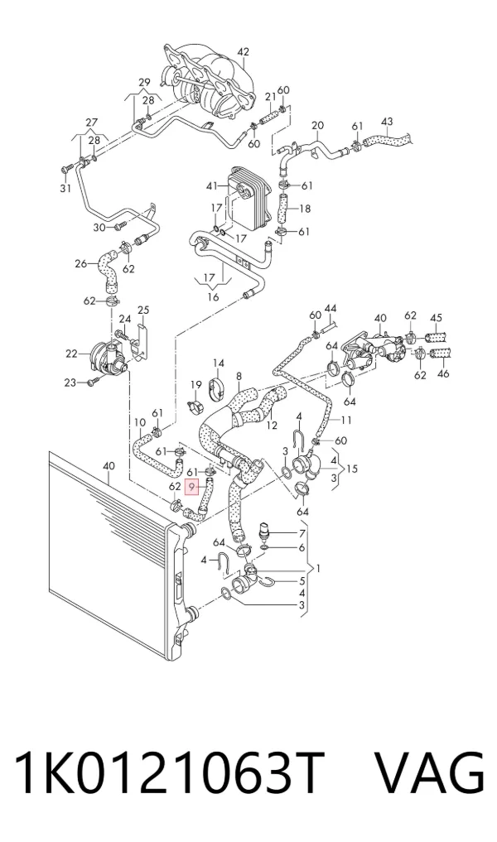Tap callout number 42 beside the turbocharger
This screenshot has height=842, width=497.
tap(244, 52)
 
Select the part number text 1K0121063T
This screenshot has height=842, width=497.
tap(171, 774)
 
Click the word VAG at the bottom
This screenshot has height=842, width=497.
tap(429, 774)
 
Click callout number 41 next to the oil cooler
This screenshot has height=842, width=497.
tap(213, 186)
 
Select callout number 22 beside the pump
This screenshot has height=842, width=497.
tap(72, 354)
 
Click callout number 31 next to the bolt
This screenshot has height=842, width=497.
tap(65, 189)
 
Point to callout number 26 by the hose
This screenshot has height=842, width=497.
tap(80, 263)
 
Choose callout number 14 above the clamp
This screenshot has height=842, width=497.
tap(218, 363)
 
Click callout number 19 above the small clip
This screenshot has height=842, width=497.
tap(196, 384)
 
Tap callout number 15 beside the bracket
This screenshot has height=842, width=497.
tap(352, 469)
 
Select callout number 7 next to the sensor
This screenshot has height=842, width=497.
tap(302, 533)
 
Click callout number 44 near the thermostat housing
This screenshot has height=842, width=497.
tap(331, 309)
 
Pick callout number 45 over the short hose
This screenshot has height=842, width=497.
tap(436, 318)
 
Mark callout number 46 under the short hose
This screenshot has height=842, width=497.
tap(444, 373)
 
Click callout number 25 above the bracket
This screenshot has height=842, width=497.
tap(143, 310)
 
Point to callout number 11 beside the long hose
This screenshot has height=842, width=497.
tap(345, 421)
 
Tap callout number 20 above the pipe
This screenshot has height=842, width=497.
tap(317, 125)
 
